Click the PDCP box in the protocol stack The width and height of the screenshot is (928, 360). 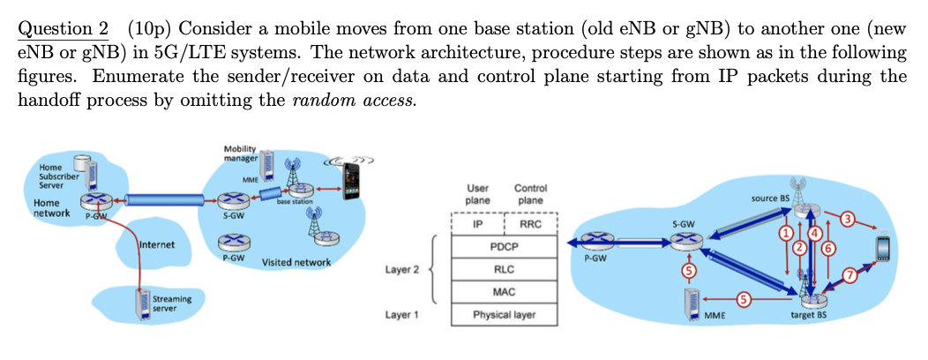coord(504,247)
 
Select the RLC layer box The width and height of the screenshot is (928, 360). coord(504,269)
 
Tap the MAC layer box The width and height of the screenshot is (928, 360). coord(504,291)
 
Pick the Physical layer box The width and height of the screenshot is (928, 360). coord(504,314)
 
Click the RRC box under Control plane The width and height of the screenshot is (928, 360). coord(530,225)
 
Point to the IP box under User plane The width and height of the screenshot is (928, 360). coord(477,225)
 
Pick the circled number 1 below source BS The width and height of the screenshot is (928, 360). coord(783,234)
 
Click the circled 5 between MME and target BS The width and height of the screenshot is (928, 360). coord(743,300)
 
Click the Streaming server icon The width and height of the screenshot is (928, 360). coord(139,303)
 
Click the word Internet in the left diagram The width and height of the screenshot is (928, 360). coord(158,244)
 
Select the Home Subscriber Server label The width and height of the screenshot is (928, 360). coord(56,176)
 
